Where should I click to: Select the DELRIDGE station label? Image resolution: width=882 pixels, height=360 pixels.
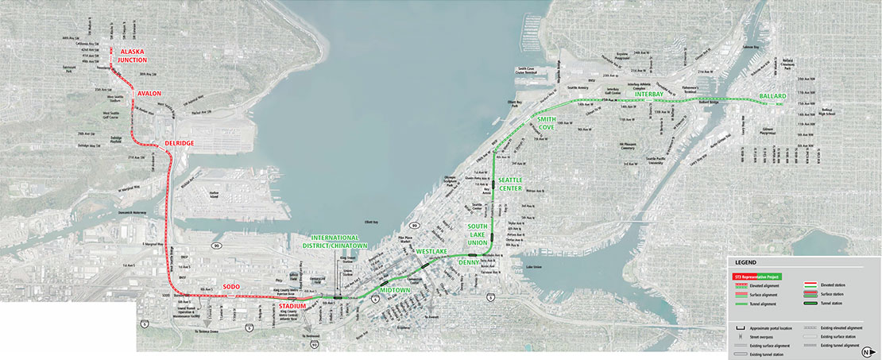pos(179,143)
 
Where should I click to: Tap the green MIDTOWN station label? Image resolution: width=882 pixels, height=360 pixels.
pos(394,291)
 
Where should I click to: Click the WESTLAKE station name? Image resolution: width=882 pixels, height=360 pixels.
pos(431,252)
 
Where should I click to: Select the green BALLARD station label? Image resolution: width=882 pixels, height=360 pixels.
pos(772,95)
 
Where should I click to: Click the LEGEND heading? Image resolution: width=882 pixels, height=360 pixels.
pos(746,263)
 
